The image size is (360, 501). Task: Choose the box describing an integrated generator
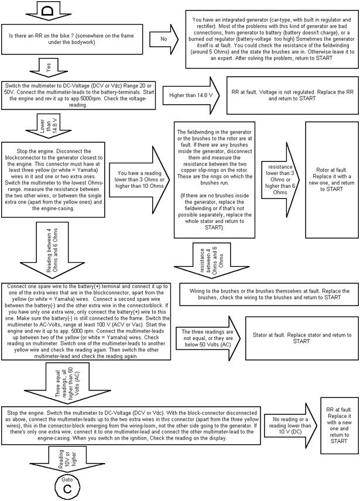[270, 39]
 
